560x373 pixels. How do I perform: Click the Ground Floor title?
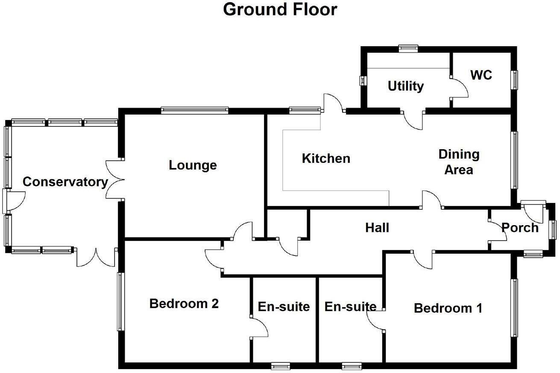tap(280, 9)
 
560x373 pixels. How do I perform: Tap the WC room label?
tap(481, 75)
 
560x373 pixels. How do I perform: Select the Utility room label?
tap(405, 86)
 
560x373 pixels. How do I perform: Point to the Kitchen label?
tap(326, 159)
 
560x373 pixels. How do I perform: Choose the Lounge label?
tap(193, 165)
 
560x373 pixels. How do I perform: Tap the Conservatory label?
tap(65, 182)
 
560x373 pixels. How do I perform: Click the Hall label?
tap(377, 228)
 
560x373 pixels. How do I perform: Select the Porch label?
tap(519, 228)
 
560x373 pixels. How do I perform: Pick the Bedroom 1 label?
tap(448, 308)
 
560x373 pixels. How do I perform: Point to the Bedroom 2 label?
tap(184, 304)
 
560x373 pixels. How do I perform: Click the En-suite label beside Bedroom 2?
tap(284, 306)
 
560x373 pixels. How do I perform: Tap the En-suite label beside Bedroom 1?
tap(350, 306)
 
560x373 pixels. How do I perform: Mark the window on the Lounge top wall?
tap(195, 111)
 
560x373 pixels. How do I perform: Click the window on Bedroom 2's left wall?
tap(120, 302)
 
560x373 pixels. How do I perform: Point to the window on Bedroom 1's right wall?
tap(514, 308)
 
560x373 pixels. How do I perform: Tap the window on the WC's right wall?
tap(514, 79)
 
